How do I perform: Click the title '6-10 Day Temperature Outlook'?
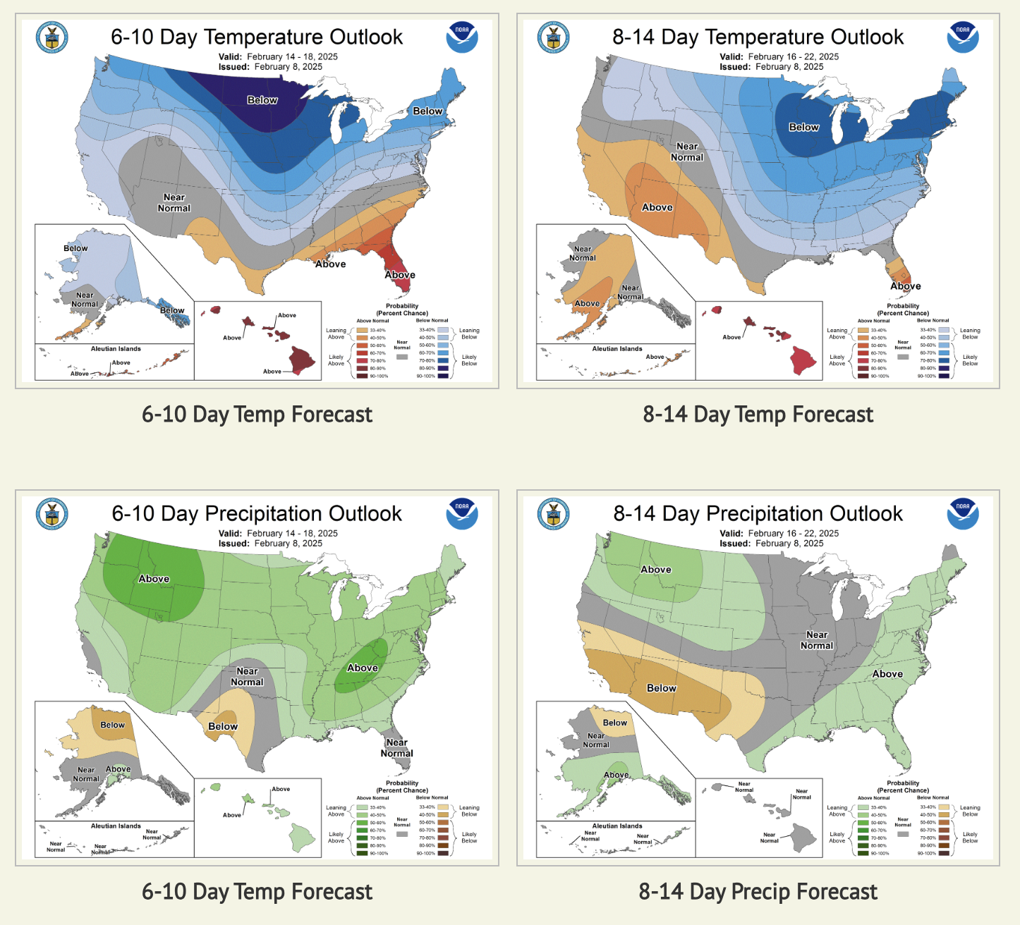(257, 37)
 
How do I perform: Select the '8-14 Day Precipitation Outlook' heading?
(758, 514)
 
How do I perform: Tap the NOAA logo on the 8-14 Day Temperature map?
(963, 37)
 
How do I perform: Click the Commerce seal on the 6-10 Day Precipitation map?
(52, 514)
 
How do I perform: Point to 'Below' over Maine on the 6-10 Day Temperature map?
(427, 111)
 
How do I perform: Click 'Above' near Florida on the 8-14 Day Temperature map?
(905, 286)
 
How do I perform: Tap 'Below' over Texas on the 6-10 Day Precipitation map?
(223, 727)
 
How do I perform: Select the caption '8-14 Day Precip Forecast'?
(758, 892)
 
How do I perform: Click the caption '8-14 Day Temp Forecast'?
(758, 415)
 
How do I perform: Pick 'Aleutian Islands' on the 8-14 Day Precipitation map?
(617, 826)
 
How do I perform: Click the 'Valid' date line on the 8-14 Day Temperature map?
(779, 57)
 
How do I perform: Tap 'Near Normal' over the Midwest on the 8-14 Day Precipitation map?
(817, 640)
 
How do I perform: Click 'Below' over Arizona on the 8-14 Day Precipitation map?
(662, 689)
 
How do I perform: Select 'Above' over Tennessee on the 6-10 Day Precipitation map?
(363, 668)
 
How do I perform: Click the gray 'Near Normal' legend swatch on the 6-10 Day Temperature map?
(402, 357)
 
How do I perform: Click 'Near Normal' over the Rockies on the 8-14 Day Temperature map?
(687, 152)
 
